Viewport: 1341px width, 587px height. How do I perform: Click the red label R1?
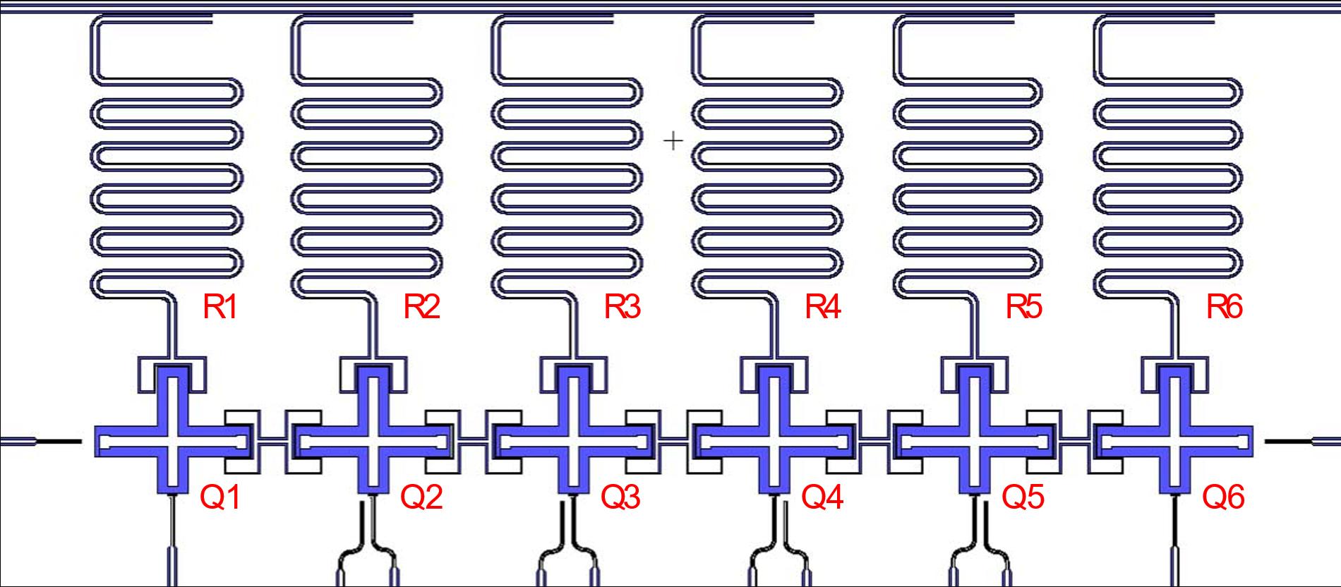tap(220, 308)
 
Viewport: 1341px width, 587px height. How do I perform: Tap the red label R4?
tap(822, 308)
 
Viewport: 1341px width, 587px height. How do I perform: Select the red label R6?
tap(1224, 308)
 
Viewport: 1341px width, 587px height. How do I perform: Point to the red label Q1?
tap(220, 498)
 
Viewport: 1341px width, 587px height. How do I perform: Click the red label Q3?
tap(620, 498)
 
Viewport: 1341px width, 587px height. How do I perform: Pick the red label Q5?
tap(1023, 498)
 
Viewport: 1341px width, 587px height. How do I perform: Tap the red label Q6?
tap(1223, 498)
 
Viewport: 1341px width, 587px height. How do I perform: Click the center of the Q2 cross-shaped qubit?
tap(373, 442)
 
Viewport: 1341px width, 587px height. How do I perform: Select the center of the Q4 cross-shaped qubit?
tap(773, 442)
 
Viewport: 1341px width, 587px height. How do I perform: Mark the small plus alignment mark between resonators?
tap(674, 141)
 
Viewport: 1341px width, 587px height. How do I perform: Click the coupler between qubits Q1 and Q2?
tap(272, 442)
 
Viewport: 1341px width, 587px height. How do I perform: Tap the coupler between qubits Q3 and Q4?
tap(673, 442)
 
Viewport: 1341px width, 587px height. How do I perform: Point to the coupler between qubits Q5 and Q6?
tap(1074, 442)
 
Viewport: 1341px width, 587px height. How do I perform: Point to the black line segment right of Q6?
tap(1288, 442)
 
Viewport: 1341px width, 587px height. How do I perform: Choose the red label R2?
tap(421, 308)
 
